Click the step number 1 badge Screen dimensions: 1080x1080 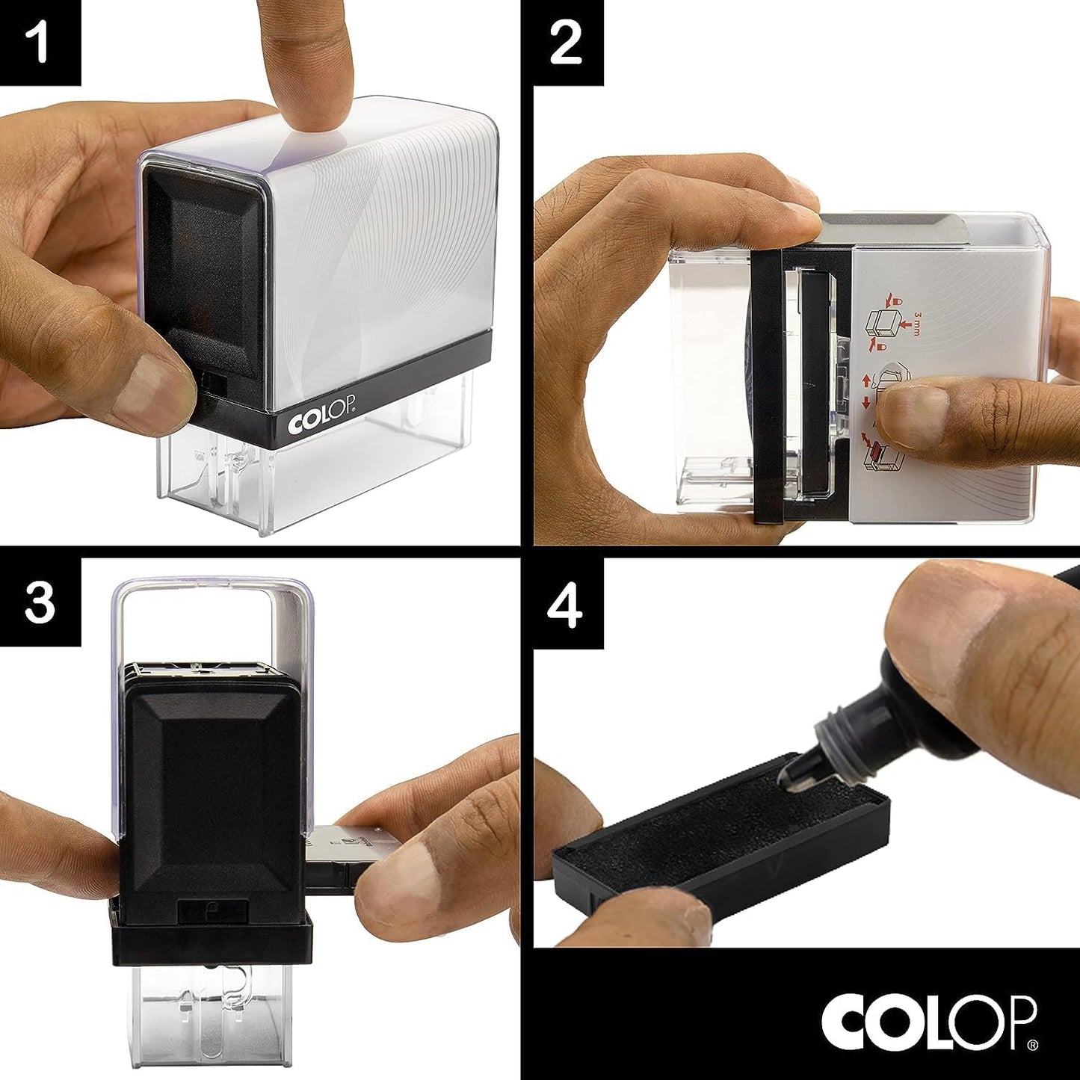pos(40,42)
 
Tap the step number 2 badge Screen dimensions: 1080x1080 pos(566,42)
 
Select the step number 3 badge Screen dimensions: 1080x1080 pos(40,602)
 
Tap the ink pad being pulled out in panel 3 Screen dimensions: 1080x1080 pos(336,856)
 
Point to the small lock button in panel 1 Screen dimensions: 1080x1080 pos(215,383)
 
